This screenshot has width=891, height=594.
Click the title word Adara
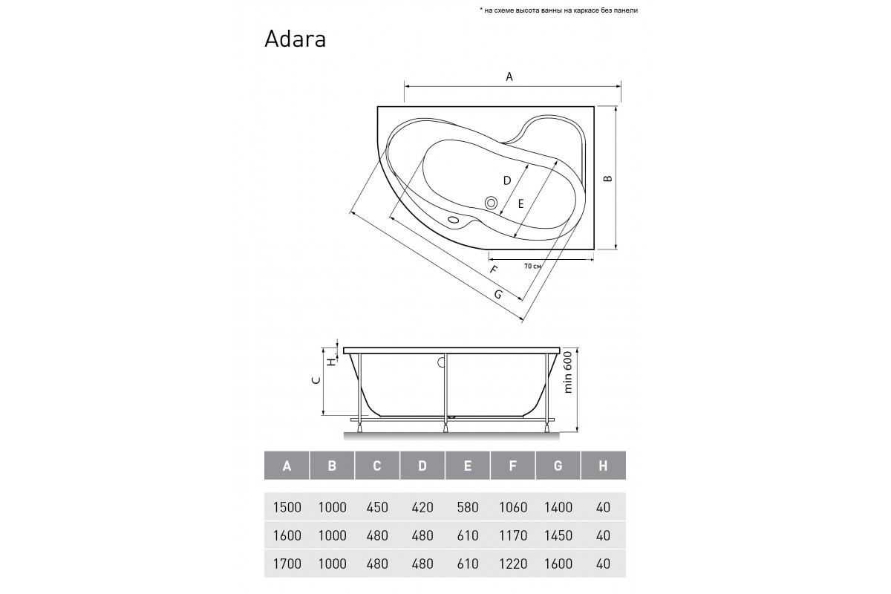296,39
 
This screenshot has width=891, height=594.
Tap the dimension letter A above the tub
509,76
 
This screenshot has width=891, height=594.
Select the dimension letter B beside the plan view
607,179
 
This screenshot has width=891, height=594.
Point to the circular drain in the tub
492,203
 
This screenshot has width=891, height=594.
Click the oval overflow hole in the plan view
453,219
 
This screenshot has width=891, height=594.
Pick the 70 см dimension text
532,266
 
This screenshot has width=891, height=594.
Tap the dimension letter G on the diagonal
498,295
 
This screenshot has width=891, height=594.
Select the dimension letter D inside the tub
506,180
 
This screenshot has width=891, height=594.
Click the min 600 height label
567,373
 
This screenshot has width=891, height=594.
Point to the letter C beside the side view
316,380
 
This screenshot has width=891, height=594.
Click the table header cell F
513,466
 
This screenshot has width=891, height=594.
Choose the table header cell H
603,466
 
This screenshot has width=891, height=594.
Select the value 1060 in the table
513,507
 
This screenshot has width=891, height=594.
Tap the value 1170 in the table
513,535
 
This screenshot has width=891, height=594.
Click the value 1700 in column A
287,564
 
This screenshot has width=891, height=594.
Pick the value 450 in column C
377,507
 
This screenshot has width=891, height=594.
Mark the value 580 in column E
468,507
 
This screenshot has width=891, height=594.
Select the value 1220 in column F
513,564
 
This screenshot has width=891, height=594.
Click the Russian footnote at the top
559,10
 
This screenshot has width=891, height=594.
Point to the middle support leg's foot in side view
446,428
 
